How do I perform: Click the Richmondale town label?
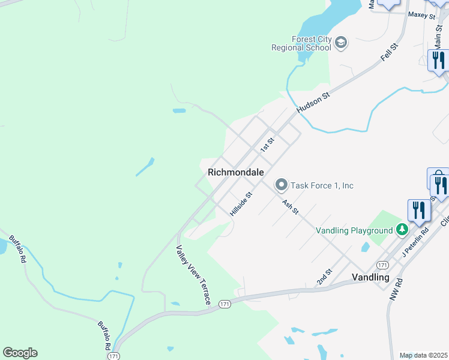(236, 172)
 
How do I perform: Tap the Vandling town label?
(369, 278)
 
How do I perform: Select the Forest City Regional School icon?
(341, 43)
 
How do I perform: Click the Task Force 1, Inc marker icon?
(280, 185)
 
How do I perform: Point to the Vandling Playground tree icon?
(402, 230)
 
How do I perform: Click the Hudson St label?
(313, 102)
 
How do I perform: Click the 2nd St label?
(324, 278)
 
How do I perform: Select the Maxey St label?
(421, 14)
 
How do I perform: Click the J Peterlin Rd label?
(415, 241)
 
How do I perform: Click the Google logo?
(20, 353)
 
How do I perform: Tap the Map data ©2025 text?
(423, 355)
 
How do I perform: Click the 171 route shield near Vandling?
(382, 265)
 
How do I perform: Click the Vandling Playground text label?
(354, 230)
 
